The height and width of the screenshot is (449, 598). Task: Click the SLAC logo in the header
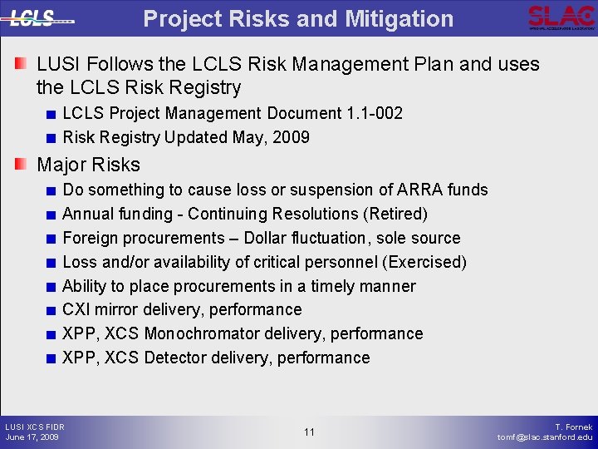tap(561, 17)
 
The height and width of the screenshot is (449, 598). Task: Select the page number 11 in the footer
tap(309, 432)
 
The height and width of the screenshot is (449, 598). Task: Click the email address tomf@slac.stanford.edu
tap(545, 437)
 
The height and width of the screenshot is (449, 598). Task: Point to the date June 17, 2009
tap(32, 437)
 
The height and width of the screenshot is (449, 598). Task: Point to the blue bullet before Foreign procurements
tap(51, 239)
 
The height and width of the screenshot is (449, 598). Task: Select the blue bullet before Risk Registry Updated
tap(51, 138)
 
